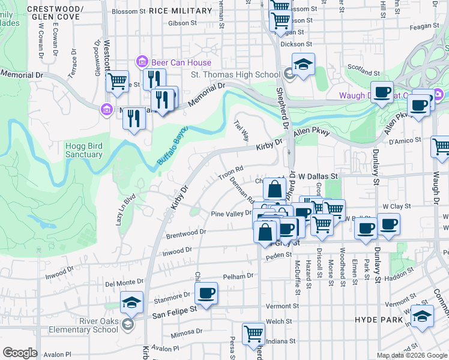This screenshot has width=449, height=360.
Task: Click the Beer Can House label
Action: tap(181, 62)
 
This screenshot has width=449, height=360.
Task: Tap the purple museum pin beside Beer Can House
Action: tap(143, 61)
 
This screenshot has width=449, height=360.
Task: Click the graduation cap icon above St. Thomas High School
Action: tap(304, 65)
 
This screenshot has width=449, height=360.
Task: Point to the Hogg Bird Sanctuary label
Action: tap(84, 150)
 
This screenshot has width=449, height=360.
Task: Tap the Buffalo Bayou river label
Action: tap(173, 146)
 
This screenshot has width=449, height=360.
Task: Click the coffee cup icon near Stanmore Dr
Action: tap(206, 294)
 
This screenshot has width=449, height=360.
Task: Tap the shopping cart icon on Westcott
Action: tap(118, 81)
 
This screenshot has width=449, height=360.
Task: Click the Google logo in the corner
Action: tap(20, 352)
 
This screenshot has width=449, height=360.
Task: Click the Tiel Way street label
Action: tap(241, 131)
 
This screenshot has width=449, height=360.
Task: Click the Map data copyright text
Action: tap(411, 355)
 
